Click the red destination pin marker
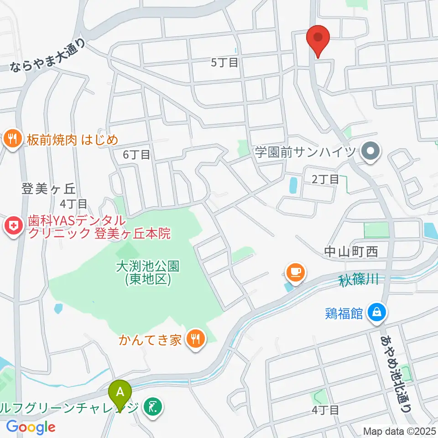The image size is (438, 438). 318,40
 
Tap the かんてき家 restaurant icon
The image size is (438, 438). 197,339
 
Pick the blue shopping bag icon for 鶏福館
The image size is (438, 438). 377,313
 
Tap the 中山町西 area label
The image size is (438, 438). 351,251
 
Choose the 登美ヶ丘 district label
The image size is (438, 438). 48,188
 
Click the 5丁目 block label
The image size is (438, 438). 225,63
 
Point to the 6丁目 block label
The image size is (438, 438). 136,155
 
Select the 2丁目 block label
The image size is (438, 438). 325,179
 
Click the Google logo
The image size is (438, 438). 31,427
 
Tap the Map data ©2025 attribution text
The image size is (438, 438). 400,431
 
